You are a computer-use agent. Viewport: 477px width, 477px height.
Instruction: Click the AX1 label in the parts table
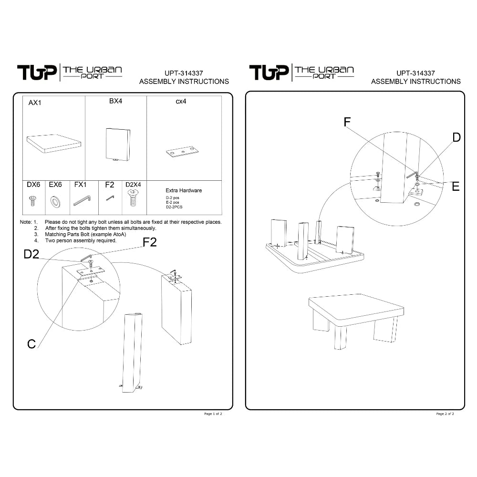[35, 103]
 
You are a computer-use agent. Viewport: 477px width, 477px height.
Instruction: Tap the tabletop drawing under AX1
[54, 144]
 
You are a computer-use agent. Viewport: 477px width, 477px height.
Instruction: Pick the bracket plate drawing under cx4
[182, 152]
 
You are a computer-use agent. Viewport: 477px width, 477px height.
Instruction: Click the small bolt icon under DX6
[32, 201]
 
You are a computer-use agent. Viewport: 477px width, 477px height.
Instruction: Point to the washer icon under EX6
[55, 202]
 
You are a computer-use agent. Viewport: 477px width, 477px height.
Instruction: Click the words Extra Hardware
[184, 190]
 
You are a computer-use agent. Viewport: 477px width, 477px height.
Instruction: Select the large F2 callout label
[150, 242]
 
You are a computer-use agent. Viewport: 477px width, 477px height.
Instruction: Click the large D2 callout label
[31, 254]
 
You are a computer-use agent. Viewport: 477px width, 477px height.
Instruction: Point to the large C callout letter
[31, 344]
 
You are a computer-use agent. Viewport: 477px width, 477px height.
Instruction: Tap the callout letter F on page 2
[347, 122]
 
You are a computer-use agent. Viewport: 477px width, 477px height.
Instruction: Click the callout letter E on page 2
[456, 187]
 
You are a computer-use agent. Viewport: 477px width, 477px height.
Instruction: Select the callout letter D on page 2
[456, 137]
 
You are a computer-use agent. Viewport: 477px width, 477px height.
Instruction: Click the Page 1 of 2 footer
[213, 414]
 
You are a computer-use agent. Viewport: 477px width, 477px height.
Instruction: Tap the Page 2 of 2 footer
[445, 414]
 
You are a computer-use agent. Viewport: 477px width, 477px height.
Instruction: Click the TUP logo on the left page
[37, 73]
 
